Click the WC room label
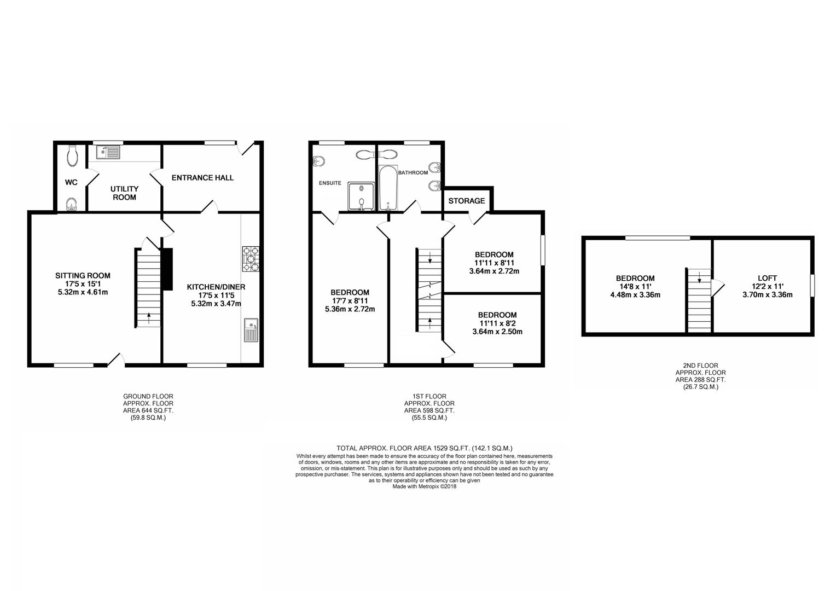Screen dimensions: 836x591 tap(71, 182)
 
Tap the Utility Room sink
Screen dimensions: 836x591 tap(108, 152)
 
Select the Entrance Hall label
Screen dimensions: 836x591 tap(202, 178)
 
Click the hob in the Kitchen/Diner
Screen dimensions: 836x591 tap(251, 259)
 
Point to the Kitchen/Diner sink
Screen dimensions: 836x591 tap(251, 330)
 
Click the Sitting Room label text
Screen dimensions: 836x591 tap(83, 276)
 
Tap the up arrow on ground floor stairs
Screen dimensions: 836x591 tap(149, 318)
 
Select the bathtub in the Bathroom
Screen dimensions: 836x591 tap(388, 189)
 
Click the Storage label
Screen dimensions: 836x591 tap(467, 201)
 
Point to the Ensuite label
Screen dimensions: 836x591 tap(330, 183)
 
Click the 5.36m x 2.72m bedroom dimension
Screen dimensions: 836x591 tap(350, 309)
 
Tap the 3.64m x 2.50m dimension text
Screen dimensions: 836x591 tap(497, 332)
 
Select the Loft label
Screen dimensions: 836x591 tap(767, 278)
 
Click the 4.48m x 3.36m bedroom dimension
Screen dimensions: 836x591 tap(635, 295)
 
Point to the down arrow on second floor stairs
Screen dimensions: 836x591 tap(699, 277)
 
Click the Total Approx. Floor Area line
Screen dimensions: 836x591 tap(425, 448)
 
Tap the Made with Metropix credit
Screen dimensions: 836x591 tap(425, 486)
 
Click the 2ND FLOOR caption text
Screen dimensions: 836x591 tap(700, 366)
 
